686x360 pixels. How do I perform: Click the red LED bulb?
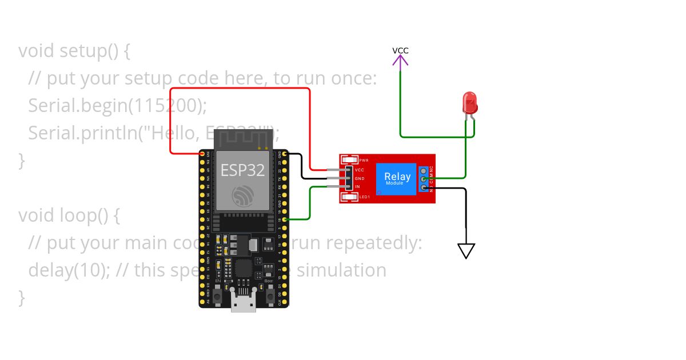click(x=469, y=103)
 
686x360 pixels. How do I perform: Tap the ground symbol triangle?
click(x=466, y=250)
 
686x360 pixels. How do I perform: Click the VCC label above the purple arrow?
click(x=400, y=50)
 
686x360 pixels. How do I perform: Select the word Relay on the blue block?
click(x=397, y=176)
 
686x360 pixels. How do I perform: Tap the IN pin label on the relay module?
click(x=357, y=187)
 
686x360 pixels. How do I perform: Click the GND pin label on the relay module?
click(x=360, y=178)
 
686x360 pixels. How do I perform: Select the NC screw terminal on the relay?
click(x=424, y=171)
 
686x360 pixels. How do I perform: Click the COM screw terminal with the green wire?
click(x=424, y=179)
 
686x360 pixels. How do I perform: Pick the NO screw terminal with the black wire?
click(x=424, y=187)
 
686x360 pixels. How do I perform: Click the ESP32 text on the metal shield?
click(x=243, y=170)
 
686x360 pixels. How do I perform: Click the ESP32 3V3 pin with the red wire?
click(x=202, y=154)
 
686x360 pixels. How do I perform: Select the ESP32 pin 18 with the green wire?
click(x=285, y=219)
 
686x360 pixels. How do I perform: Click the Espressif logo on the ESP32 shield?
click(x=243, y=196)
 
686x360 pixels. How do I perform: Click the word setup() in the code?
click(x=85, y=51)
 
